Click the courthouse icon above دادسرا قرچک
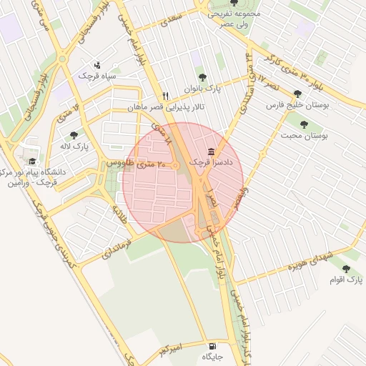tap(211, 152)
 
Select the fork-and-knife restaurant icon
tap(166, 96)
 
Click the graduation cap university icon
tap(31, 162)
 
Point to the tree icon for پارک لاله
tap(74, 134)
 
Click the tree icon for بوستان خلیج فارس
tap(297, 93)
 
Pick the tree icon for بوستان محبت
tap(304, 124)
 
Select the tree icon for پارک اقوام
tap(346, 269)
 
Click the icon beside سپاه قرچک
tap(98, 64)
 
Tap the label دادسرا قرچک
tap(209, 163)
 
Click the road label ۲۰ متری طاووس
tap(136, 164)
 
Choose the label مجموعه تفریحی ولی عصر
tap(233, 18)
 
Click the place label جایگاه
tap(212, 356)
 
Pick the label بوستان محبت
tap(304, 135)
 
